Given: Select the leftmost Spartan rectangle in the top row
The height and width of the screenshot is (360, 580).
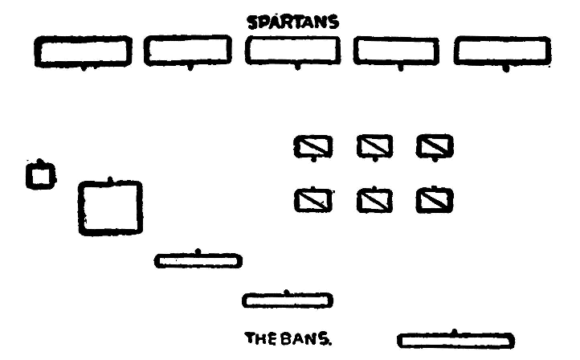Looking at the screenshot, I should (82, 52).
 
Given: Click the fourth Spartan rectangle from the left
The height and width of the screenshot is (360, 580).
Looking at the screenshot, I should (399, 53).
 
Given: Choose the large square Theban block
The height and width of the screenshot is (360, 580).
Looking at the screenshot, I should (111, 207).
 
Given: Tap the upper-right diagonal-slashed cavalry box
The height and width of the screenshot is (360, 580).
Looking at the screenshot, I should (435, 146).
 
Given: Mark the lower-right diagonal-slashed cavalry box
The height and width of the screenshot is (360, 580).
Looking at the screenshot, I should (435, 198).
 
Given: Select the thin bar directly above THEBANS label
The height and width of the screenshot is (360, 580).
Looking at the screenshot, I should (288, 300).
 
